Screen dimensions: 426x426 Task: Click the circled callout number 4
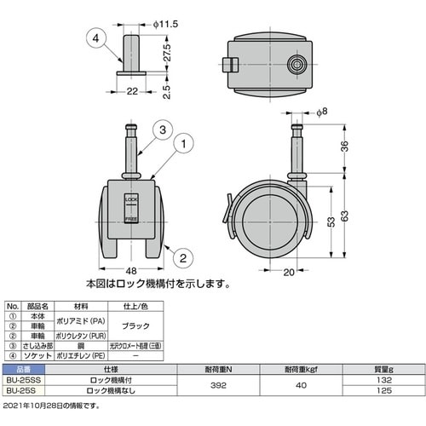(x=96, y=38)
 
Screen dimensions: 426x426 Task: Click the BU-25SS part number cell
(x=23, y=379)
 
